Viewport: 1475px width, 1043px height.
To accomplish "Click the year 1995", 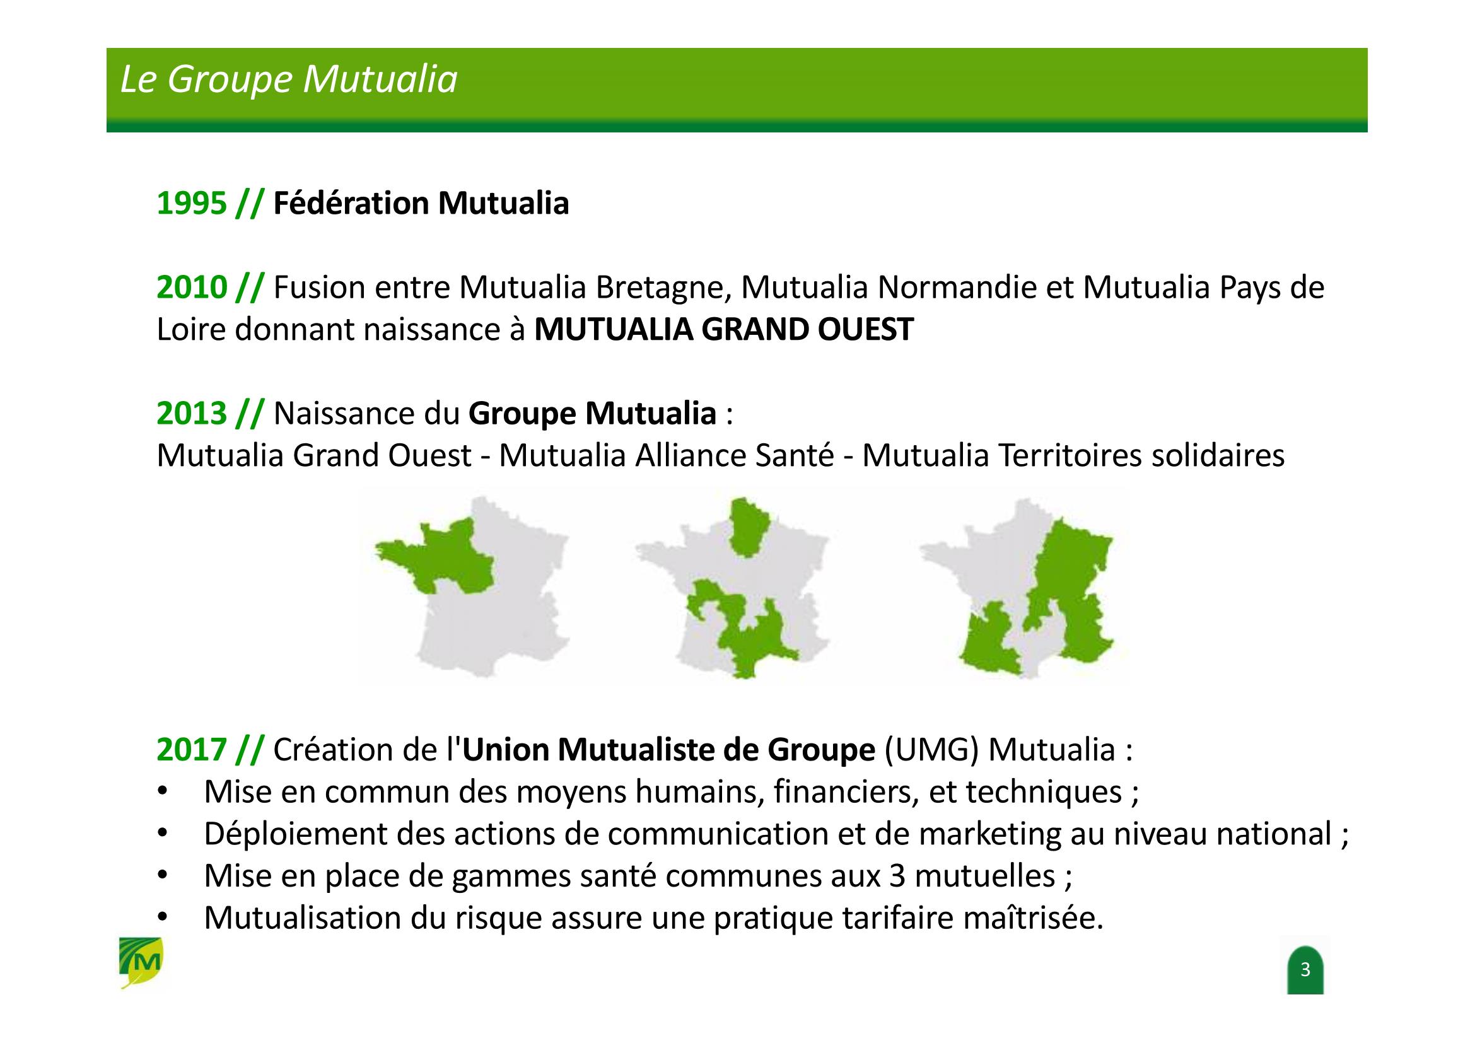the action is (192, 204).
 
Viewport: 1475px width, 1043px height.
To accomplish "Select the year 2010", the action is (192, 288).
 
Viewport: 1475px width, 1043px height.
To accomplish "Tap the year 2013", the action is (192, 414).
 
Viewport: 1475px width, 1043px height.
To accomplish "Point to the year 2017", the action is (192, 750).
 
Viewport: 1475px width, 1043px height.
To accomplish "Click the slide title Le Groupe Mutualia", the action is (288, 80).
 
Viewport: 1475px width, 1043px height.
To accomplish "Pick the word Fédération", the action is (351, 204).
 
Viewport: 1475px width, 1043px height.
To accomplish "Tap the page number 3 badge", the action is (1305, 970).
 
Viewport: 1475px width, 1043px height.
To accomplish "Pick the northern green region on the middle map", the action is (747, 525).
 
